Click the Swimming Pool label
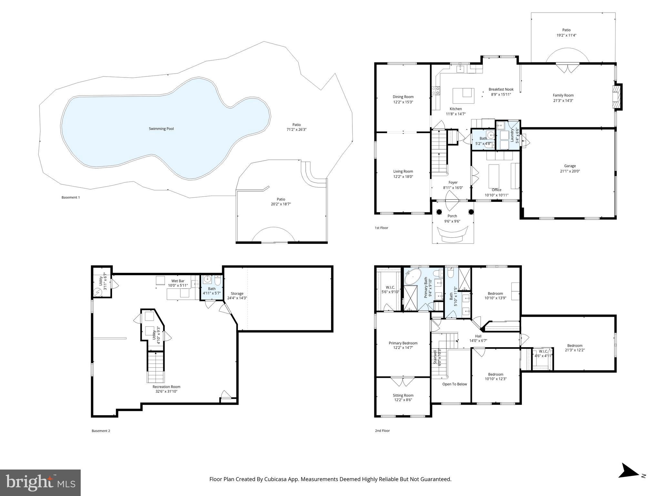pos(161,129)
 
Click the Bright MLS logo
pos(40,482)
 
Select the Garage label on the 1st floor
pos(570,166)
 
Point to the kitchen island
pos(463,96)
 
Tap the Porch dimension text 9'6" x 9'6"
pos(452,221)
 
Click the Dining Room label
pos(403,97)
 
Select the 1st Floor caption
pos(381,228)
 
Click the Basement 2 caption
pos(101,431)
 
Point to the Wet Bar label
pos(178,281)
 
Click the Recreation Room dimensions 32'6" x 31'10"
pos(166,391)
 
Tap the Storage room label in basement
pos(237,294)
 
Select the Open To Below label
pos(454,384)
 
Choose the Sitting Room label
pos(403,395)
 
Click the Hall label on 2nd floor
pos(478,336)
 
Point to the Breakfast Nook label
pos(501,89)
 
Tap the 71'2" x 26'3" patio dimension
pos(296,129)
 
